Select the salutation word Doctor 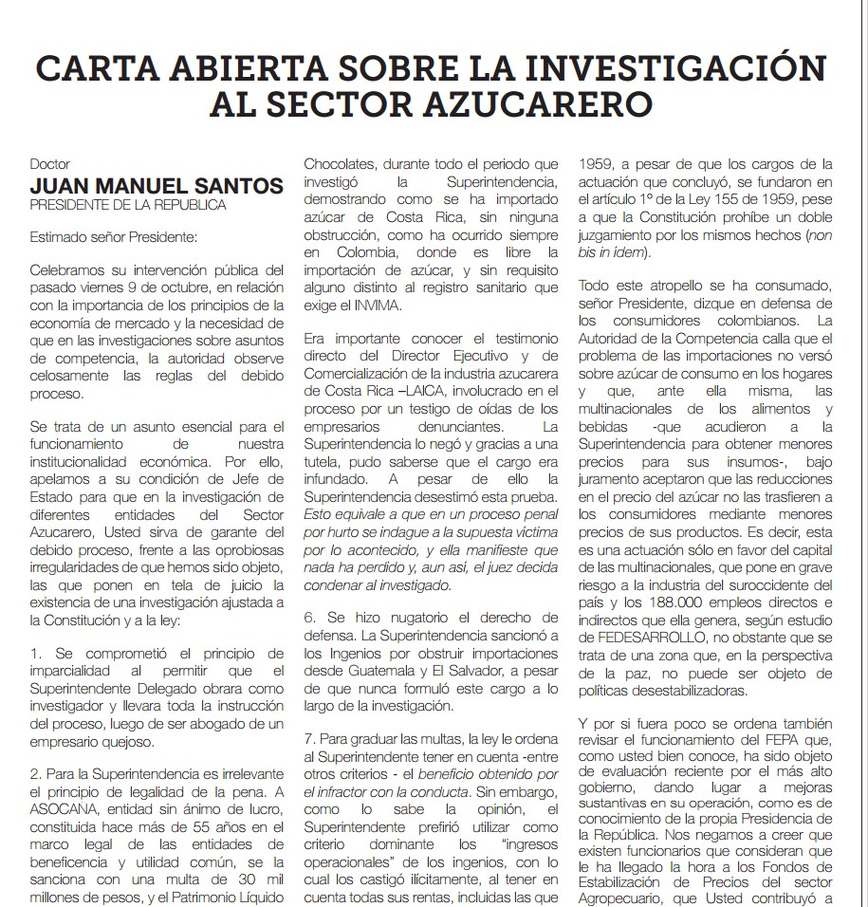[x=49, y=164]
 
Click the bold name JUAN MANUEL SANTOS [x=157, y=184]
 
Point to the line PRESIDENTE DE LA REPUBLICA [x=128, y=204]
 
